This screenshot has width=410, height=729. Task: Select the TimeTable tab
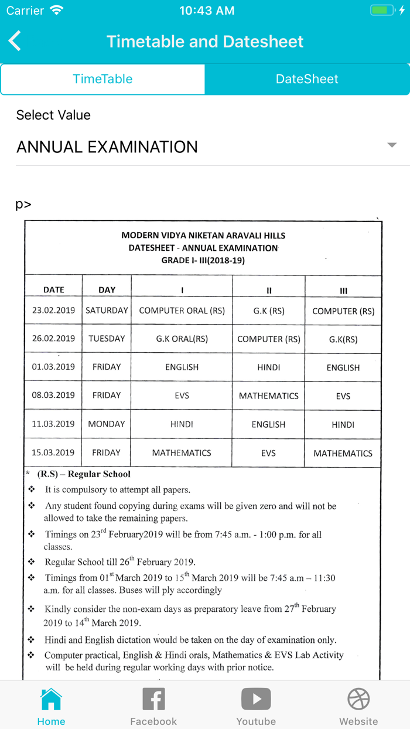coord(102,79)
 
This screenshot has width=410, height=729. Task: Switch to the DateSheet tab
coord(307,79)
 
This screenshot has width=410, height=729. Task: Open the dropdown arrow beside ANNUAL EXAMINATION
coord(392,145)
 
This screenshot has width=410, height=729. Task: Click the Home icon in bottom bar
coord(51,699)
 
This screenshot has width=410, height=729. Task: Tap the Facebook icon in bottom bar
coord(153,699)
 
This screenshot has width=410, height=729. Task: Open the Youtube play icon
coord(256,699)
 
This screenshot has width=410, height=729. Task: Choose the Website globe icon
coord(358,699)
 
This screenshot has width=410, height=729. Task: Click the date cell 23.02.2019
coord(53,311)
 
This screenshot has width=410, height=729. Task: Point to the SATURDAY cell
coord(107,311)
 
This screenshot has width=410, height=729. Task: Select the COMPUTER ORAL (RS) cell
coord(182,311)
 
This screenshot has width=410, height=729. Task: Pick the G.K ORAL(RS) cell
coord(182,339)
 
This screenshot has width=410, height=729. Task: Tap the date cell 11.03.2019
coord(53,424)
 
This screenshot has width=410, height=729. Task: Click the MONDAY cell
coord(107,424)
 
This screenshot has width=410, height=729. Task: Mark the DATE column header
coord(54,289)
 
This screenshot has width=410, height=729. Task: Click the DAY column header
coord(107,289)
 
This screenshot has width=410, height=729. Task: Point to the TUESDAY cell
coord(107,339)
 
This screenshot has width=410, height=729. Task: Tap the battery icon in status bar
coord(383,11)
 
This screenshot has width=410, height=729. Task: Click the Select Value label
coord(53,115)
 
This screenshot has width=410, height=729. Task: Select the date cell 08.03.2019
coord(53,396)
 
